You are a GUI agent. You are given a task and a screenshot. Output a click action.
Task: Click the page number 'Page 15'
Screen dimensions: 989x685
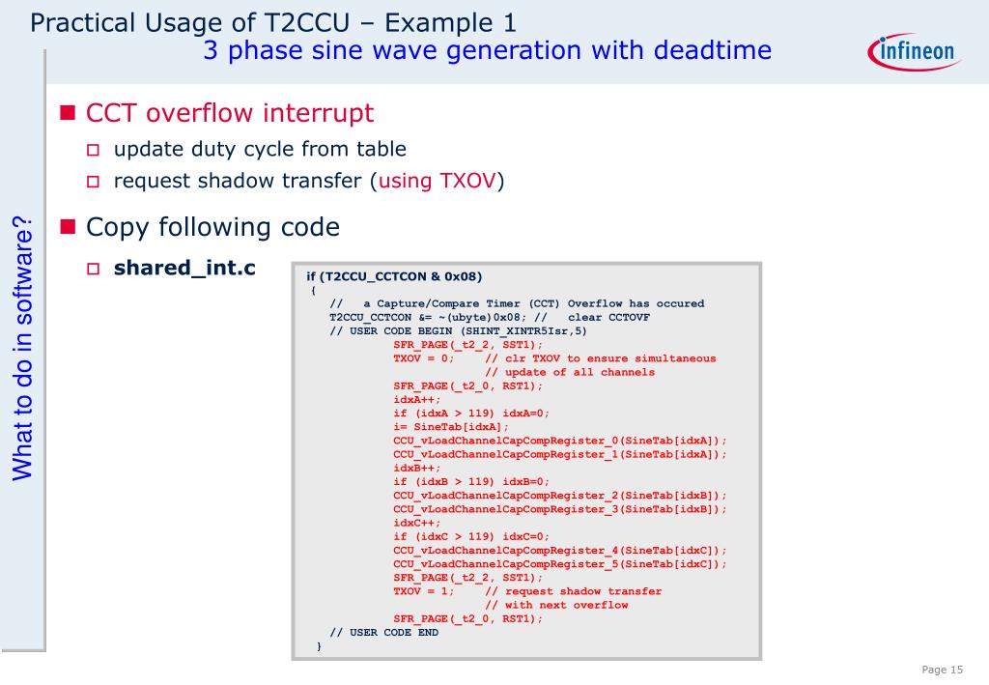click(x=943, y=671)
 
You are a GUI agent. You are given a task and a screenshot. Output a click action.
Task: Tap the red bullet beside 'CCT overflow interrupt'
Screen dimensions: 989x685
click(x=68, y=113)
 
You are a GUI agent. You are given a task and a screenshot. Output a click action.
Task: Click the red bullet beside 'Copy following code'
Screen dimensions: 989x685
click(x=68, y=228)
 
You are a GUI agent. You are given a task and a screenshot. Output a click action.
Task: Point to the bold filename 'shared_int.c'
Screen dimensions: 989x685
click(x=184, y=268)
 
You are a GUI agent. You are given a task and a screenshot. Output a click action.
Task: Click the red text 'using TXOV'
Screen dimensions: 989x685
click(x=438, y=181)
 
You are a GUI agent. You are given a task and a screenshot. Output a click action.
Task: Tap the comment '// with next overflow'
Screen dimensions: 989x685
click(x=556, y=605)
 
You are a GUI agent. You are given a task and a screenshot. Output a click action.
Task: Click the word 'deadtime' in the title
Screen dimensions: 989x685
click(x=713, y=50)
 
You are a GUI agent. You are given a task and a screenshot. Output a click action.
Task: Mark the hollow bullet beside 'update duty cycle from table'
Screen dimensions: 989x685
click(x=94, y=150)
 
